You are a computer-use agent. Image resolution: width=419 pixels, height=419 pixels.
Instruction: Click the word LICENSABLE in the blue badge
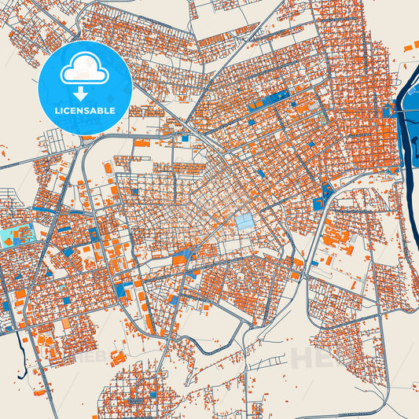click(x=85, y=110)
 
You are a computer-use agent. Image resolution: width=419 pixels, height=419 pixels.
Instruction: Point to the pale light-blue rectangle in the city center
click(x=245, y=222)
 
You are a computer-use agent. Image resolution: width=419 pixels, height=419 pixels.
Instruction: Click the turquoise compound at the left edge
click(x=17, y=234)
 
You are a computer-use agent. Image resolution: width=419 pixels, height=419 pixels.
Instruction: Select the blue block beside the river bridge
click(x=387, y=111)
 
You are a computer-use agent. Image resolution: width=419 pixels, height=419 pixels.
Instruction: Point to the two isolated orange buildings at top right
click(x=411, y=47)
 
